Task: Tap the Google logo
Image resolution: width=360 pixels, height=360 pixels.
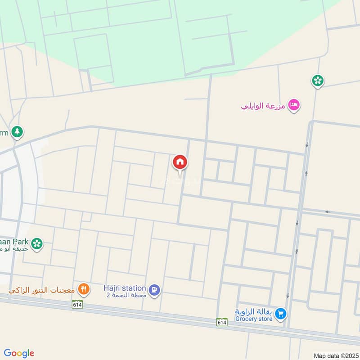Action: click(19, 353)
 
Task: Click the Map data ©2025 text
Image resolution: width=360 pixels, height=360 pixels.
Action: click(336, 355)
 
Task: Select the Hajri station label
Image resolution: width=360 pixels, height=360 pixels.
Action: click(125, 288)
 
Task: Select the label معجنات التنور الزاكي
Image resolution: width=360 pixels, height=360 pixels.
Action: click(41, 290)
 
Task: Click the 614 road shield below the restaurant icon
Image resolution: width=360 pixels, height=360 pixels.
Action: click(76, 304)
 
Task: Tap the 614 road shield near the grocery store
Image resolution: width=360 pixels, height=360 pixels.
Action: click(221, 322)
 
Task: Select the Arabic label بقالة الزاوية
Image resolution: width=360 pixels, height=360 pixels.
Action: click(254, 311)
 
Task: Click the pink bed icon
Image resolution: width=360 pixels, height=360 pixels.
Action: click(294, 105)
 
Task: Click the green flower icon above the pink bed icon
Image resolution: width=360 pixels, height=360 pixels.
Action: click(318, 81)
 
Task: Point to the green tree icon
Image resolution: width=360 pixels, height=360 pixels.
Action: click(17, 132)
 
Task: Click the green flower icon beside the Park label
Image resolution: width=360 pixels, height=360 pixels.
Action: click(38, 243)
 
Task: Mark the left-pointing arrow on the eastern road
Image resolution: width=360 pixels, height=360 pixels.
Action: click(328, 211)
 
